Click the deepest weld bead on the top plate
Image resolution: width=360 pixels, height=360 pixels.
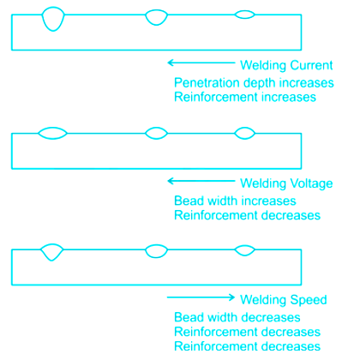53,30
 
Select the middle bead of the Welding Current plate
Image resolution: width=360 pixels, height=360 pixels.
156,25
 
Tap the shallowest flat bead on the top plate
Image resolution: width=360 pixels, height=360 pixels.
244,18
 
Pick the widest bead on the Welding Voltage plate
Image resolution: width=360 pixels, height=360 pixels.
52,139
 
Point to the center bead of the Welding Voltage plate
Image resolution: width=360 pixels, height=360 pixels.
156,139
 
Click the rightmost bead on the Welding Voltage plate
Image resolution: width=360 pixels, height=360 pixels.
244,139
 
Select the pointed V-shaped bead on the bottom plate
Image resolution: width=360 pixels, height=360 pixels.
51,260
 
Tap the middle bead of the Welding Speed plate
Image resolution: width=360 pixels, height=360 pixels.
156,257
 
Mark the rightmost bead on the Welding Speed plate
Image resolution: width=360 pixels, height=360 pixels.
244,255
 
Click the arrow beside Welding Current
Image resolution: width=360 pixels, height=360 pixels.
201,63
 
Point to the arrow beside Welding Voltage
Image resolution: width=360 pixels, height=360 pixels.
201,181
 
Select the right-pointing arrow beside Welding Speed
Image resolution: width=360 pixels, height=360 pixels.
201,297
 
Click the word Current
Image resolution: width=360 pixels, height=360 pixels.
309,65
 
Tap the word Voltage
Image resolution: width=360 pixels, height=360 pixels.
311,183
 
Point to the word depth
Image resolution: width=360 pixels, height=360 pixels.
260,83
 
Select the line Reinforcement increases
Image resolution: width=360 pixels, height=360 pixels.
245,97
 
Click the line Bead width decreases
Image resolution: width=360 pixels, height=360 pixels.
237,317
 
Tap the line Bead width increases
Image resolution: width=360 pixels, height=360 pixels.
235,201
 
